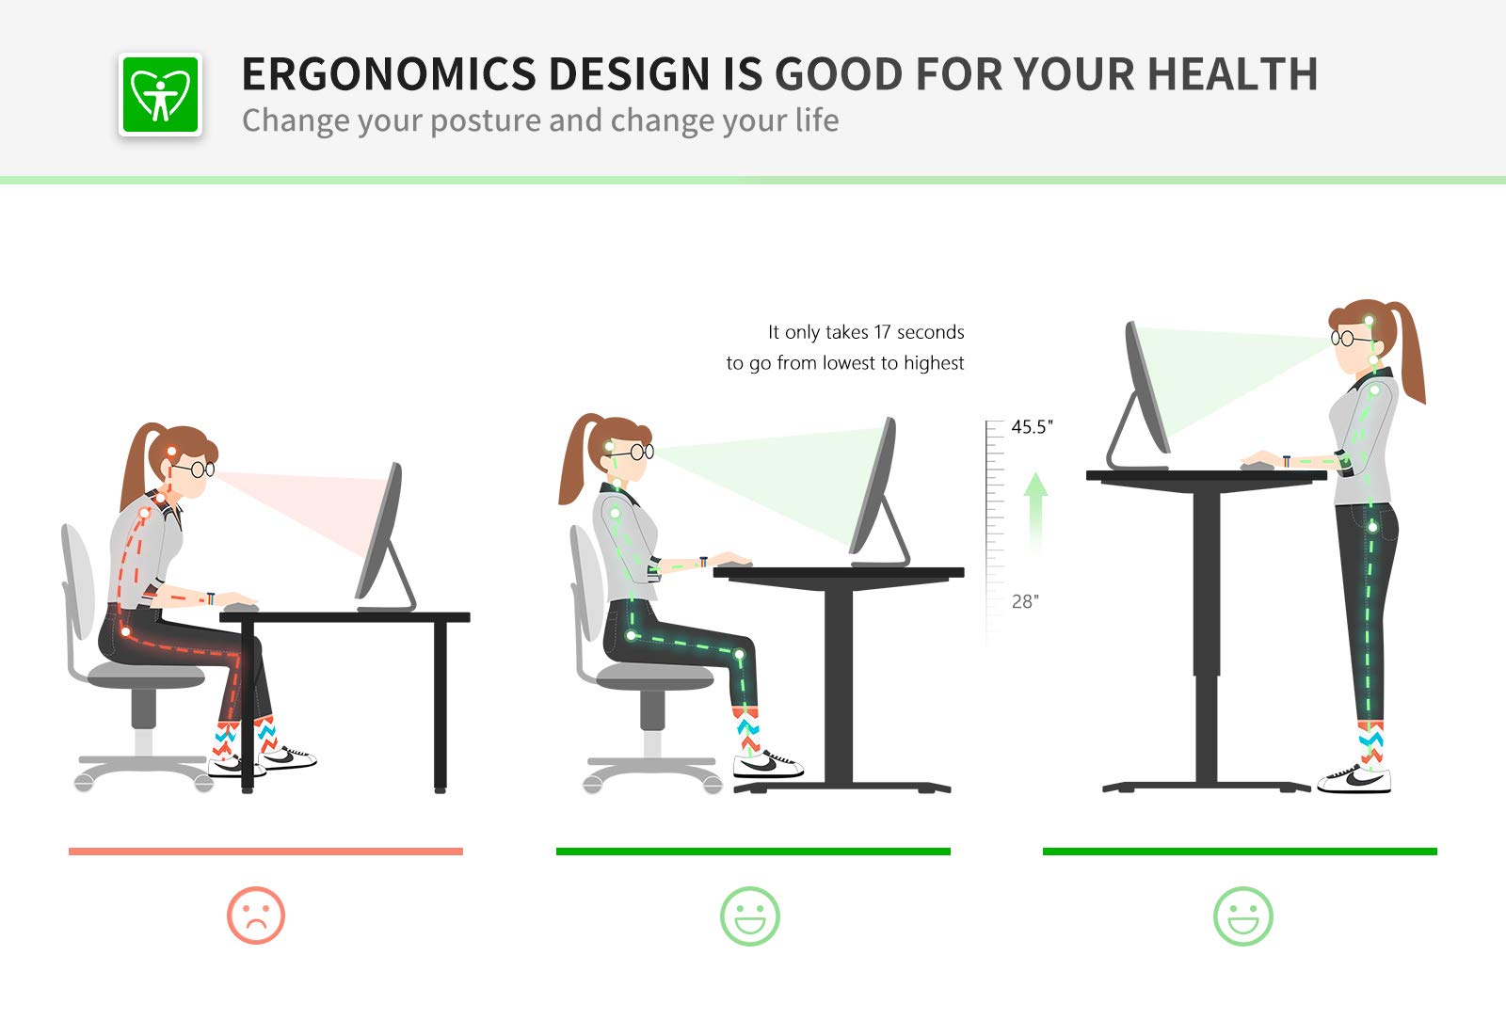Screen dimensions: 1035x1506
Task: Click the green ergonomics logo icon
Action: pyautogui.click(x=160, y=94)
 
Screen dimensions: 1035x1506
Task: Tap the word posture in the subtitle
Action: pyautogui.click(x=484, y=121)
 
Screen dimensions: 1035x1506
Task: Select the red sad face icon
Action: pyautogui.click(x=255, y=915)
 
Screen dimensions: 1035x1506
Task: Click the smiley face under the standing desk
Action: pyautogui.click(x=1242, y=916)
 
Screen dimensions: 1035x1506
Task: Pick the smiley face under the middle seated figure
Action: pyautogui.click(x=749, y=916)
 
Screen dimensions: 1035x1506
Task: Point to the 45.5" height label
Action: pyautogui.click(x=1032, y=427)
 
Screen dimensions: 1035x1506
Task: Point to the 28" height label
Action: pyautogui.click(x=1025, y=601)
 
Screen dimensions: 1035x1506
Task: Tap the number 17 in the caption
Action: pyautogui.click(x=882, y=332)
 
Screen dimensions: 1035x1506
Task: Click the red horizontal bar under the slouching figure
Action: pyautogui.click(x=265, y=852)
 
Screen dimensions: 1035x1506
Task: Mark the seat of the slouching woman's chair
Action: pyautogui.click(x=146, y=675)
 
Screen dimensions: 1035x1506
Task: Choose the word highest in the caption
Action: pyautogui.click(x=934, y=363)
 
